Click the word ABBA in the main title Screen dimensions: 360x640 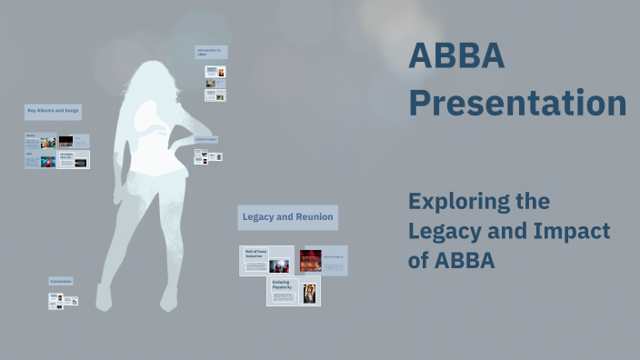[455, 56]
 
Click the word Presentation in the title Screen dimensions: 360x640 [516, 103]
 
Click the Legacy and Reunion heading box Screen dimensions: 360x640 [287, 217]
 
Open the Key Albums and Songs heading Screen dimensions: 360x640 [53, 111]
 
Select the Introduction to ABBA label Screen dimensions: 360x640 [210, 52]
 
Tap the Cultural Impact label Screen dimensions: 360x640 [206, 139]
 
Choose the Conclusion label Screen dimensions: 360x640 [61, 282]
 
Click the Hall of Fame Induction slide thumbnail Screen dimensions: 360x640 [266, 260]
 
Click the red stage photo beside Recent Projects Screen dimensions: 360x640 [311, 260]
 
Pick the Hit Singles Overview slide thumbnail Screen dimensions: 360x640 [73, 159]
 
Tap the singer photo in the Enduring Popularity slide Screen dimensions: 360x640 [309, 293]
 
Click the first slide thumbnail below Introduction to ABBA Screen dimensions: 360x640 [215, 71]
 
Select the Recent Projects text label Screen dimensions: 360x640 [335, 258]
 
